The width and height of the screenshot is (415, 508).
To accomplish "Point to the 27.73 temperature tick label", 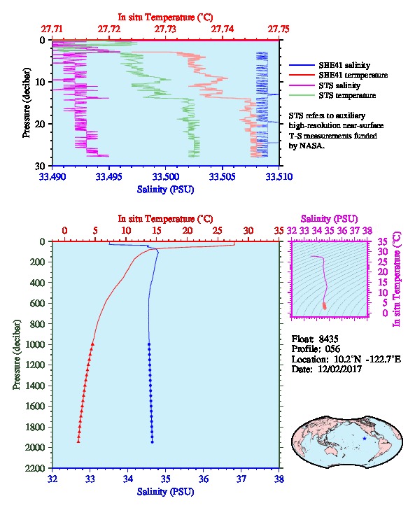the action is (166, 29).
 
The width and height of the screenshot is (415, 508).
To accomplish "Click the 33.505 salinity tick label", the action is (223, 177).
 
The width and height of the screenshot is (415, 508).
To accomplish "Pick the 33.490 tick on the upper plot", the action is (52, 177).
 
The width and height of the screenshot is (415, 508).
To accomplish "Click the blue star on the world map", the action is (365, 438).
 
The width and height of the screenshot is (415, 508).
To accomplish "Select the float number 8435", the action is (328, 339).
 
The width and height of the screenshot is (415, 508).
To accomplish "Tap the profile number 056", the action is (332, 349).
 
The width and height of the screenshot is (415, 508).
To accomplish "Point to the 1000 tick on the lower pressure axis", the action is (37, 344).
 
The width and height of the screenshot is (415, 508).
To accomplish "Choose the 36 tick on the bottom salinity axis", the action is (204, 479).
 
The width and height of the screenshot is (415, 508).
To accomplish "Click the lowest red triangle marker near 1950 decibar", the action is (78, 442).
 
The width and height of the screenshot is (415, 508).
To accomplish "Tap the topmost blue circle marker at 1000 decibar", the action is (149, 344).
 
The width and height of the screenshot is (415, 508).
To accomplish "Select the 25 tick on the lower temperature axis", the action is (218, 231).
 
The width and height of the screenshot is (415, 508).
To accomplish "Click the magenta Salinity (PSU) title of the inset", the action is (329, 219).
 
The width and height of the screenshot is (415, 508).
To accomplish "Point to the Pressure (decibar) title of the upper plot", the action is (27, 103).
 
